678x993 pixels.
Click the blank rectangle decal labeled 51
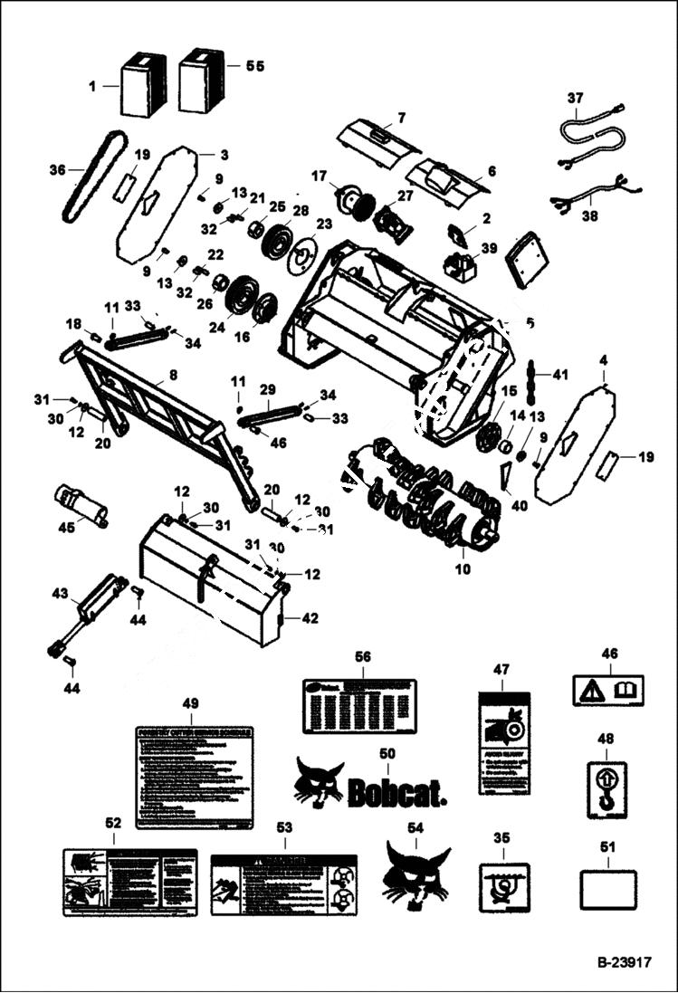(607, 890)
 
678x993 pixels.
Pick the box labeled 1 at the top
(143, 86)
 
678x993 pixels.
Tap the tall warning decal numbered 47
(503, 741)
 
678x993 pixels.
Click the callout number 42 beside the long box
(310, 618)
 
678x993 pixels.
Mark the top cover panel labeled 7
(377, 140)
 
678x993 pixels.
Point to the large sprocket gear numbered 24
(240, 295)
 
